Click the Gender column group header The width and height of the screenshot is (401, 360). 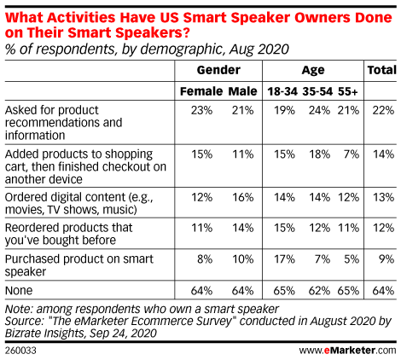pyautogui.click(x=218, y=70)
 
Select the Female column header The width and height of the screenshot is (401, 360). pyautogui.click(x=201, y=91)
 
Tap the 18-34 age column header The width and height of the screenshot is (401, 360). pyautogui.click(x=282, y=91)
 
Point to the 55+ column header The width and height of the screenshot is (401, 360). pyautogui.click(x=347, y=91)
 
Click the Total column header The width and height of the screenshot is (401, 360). pyautogui.click(x=381, y=70)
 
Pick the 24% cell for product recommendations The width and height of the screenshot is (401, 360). pyautogui.click(x=320, y=110)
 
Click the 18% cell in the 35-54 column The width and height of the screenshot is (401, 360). pyautogui.click(x=320, y=154)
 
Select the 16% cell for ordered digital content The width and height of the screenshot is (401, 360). pyautogui.click(x=242, y=197)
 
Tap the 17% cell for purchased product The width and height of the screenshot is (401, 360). pyautogui.click(x=284, y=259)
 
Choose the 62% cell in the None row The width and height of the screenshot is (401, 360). pyautogui.click(x=320, y=291)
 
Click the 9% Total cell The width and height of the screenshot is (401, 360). pyautogui.click(x=386, y=259)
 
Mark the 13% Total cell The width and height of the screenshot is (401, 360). pyautogui.click(x=384, y=197)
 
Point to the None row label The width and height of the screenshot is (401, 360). pyautogui.click(x=19, y=291)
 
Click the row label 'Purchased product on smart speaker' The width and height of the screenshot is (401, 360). pyautogui.click(x=79, y=265)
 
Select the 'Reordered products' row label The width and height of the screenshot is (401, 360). pyautogui.click(x=68, y=234)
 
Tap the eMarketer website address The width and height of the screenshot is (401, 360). pyautogui.click(x=347, y=351)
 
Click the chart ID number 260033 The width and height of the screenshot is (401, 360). pyautogui.click(x=20, y=351)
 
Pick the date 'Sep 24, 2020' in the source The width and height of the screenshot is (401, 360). pyautogui.click(x=123, y=333)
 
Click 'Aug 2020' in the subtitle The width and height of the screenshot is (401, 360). pyautogui.click(x=259, y=49)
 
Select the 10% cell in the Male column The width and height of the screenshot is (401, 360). pyautogui.click(x=242, y=259)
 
